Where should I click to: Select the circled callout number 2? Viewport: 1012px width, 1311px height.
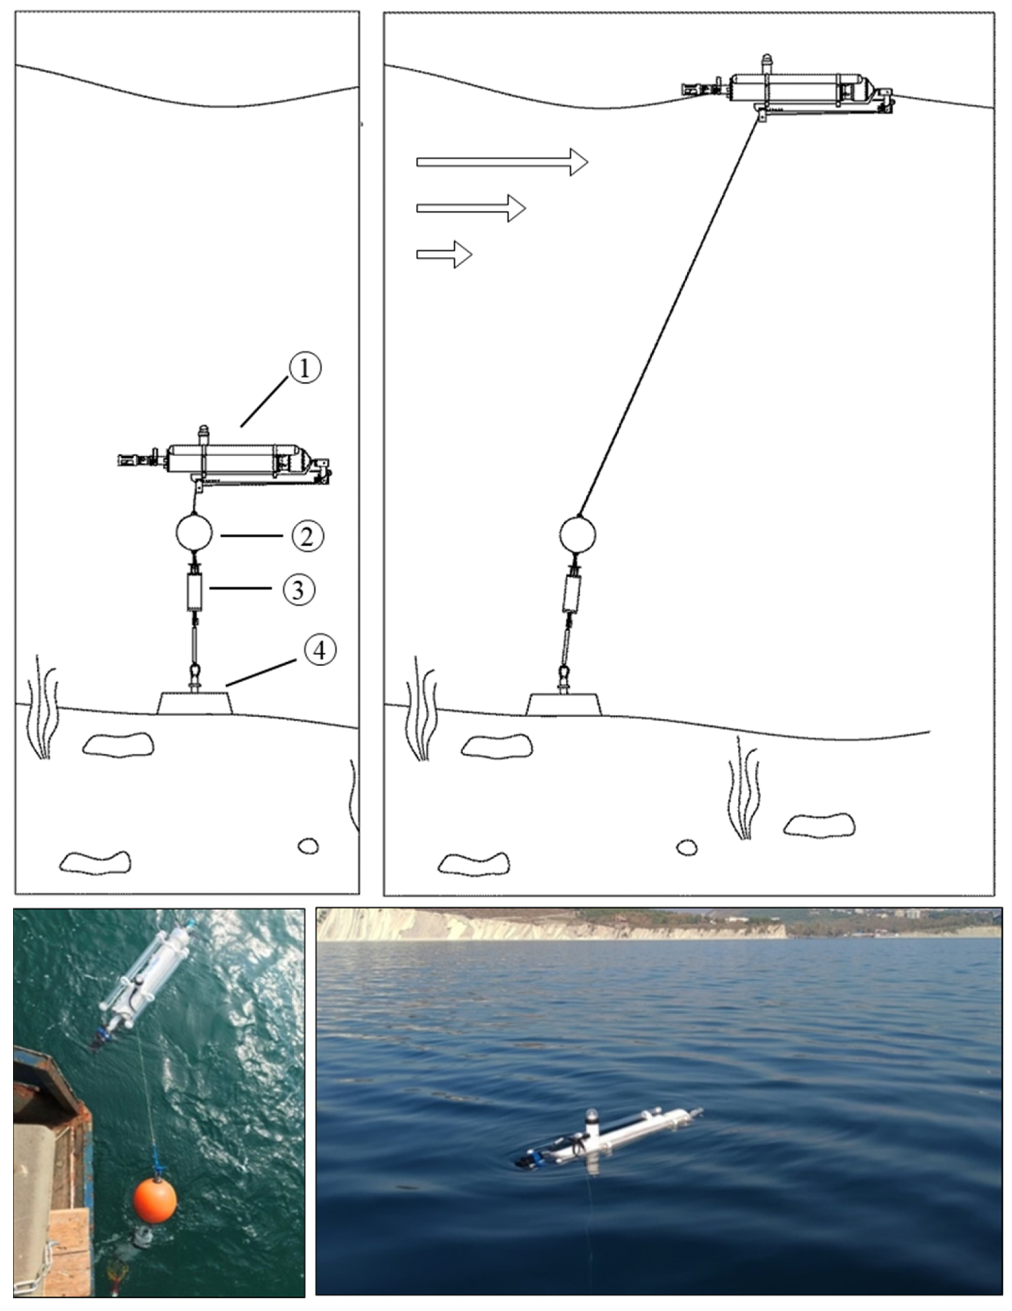click(307, 536)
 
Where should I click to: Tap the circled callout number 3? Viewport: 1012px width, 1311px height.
click(298, 589)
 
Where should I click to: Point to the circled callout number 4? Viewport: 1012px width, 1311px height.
click(319, 650)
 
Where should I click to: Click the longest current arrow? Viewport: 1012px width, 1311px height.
click(502, 162)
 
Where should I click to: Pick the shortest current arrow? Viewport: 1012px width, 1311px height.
click(444, 254)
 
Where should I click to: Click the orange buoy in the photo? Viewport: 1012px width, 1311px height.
click(155, 1200)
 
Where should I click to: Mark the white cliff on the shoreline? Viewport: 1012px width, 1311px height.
click(552, 926)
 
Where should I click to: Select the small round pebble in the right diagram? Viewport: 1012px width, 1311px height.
click(687, 848)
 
